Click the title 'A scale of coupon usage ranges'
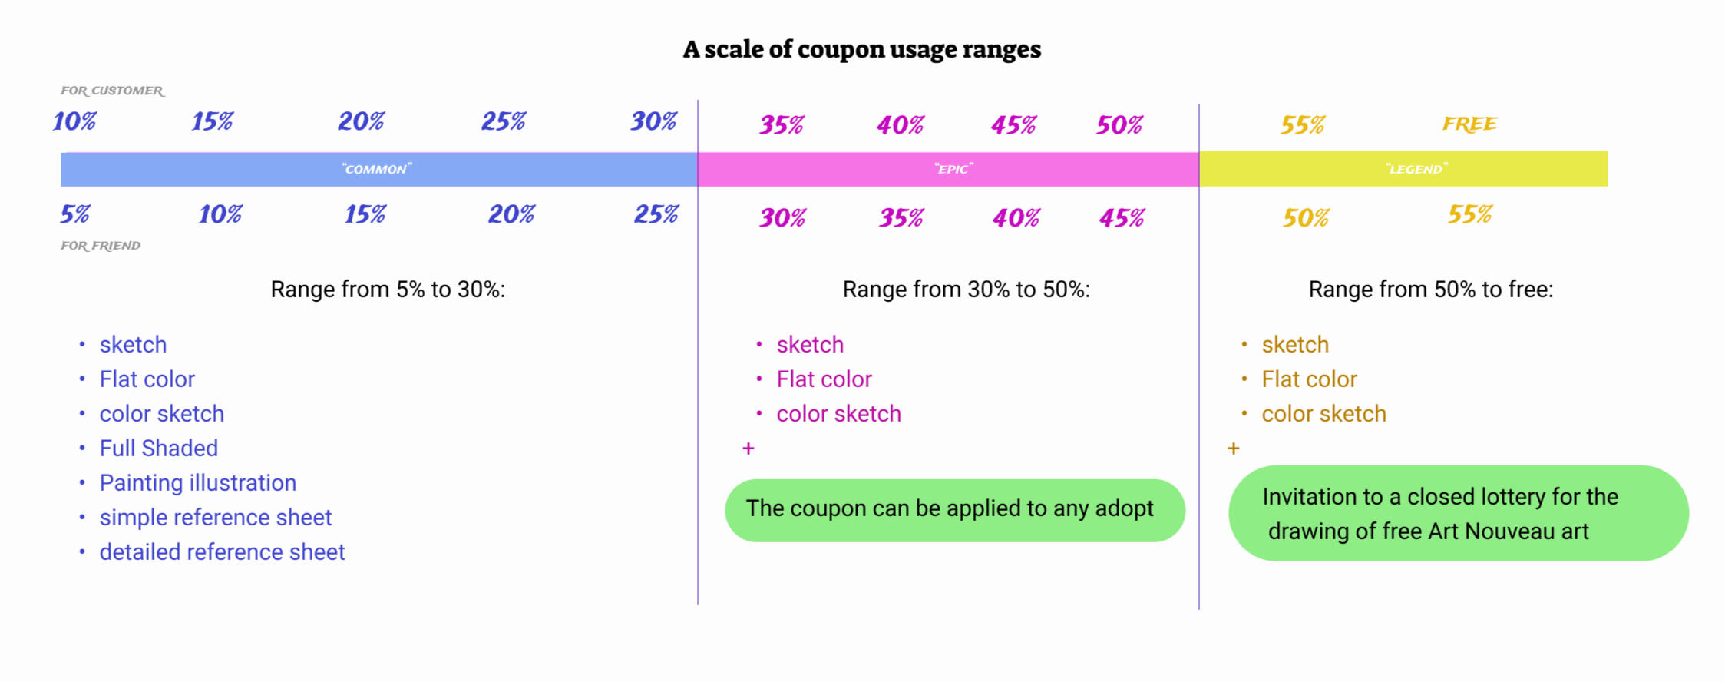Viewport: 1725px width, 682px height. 861,49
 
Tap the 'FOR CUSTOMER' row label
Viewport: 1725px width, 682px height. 112,91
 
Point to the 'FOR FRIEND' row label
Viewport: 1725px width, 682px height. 101,246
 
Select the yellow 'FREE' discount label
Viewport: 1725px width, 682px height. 1469,124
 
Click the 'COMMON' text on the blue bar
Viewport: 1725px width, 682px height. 377,169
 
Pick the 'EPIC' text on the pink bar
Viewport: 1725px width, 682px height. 953,169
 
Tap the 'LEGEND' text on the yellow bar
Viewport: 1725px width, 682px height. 1416,169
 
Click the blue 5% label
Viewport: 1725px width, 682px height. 75,214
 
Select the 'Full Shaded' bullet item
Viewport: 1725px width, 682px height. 158,448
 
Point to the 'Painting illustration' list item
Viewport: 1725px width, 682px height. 197,482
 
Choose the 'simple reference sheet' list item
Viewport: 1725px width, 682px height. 215,517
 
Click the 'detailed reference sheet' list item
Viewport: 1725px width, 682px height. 222,551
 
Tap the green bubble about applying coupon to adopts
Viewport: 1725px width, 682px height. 955,510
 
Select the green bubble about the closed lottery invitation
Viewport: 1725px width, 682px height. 1459,513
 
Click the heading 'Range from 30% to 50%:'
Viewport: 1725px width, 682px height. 966,290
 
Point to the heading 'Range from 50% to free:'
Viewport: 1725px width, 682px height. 1430,290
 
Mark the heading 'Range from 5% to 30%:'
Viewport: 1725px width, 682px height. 388,290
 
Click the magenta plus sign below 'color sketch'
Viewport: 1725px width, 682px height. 748,449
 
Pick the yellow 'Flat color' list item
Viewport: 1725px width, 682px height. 1309,379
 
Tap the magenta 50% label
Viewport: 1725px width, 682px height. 1119,125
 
